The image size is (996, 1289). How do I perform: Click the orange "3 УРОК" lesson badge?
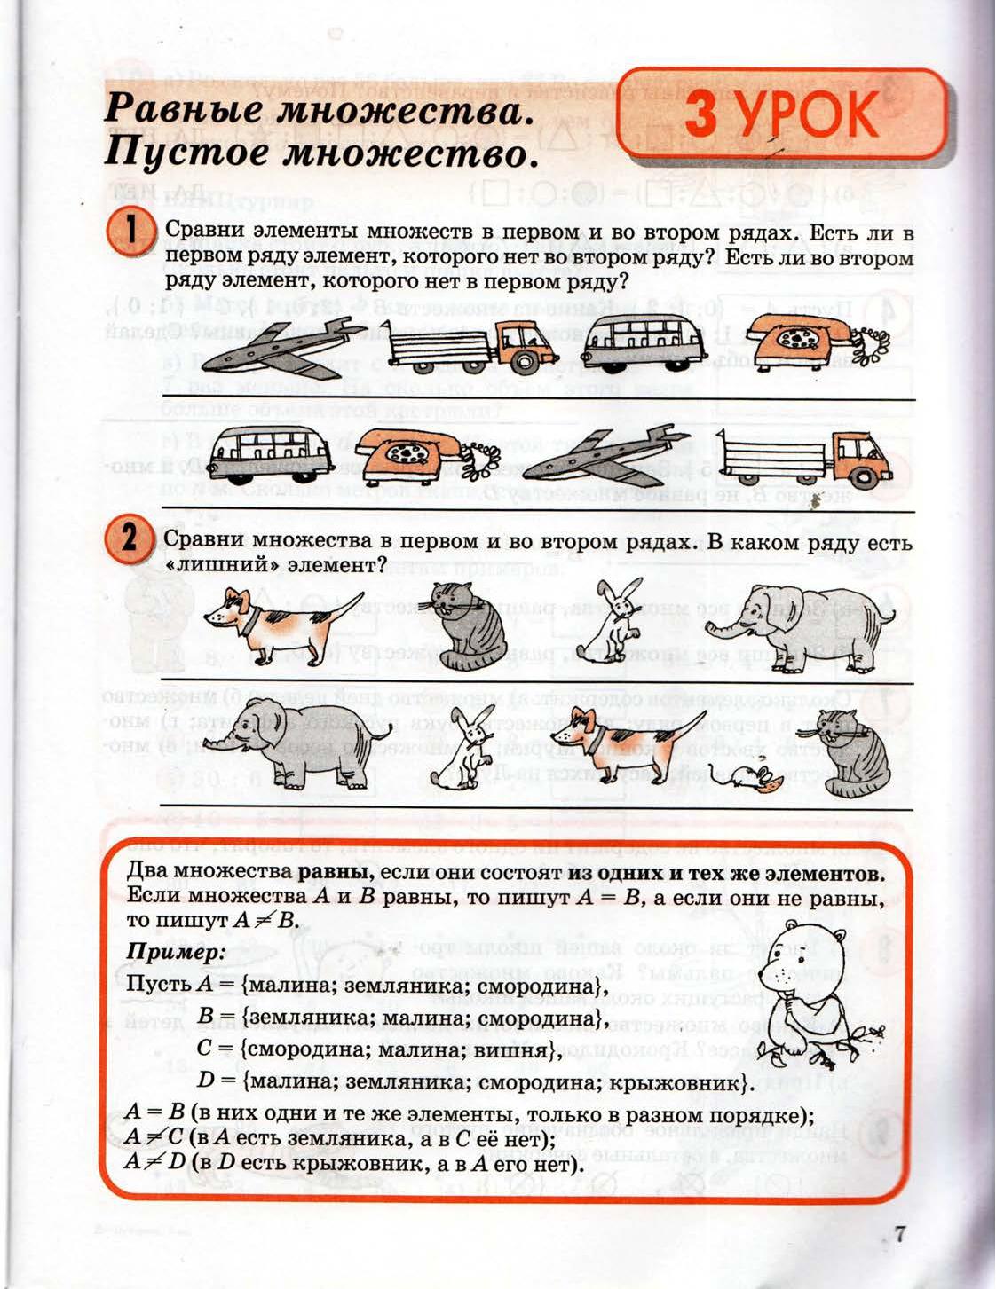coord(781,114)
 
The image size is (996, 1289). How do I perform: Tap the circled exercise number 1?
coord(130,233)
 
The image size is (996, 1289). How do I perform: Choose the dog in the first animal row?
coord(281,621)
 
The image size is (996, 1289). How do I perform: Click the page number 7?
coord(900,1235)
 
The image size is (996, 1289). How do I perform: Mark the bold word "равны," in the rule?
coord(336,871)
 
